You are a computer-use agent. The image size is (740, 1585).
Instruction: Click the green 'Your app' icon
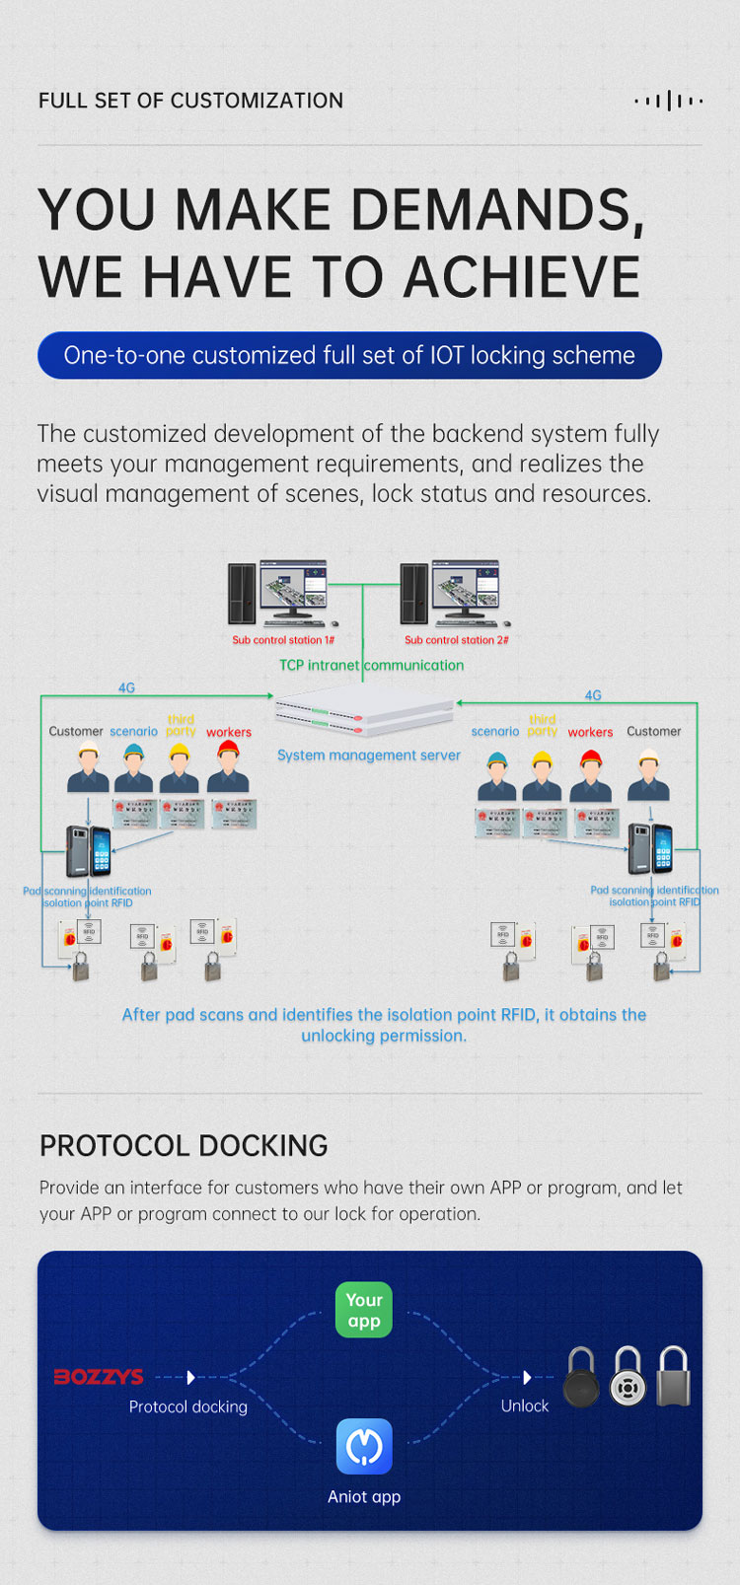pos(364,1310)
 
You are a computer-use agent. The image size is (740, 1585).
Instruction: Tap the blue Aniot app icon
pos(364,1446)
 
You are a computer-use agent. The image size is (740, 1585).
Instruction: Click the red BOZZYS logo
pos(99,1377)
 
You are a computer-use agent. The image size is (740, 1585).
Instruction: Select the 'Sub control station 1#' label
pos(283,640)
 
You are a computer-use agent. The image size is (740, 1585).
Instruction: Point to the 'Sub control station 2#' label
pos(457,640)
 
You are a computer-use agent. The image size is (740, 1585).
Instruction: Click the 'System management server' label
pos(368,756)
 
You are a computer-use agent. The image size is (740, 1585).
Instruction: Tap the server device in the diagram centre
pos(364,712)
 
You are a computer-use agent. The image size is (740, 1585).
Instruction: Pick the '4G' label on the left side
pos(126,688)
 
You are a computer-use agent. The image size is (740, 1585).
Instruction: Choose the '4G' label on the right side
pos(593,695)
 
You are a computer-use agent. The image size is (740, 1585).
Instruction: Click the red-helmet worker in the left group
pos(228,768)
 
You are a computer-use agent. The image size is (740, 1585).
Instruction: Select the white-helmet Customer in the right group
pos(648,775)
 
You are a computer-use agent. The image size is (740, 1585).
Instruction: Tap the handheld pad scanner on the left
pos(88,851)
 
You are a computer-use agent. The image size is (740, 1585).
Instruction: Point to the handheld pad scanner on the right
pos(651,849)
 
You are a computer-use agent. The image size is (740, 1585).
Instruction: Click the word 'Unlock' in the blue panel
pos(524,1405)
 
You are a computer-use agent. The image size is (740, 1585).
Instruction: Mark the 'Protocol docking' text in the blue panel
pos(187,1406)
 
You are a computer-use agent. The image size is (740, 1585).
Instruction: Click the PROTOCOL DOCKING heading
pos(184,1146)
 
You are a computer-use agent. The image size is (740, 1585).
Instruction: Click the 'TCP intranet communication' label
pos(371,666)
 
